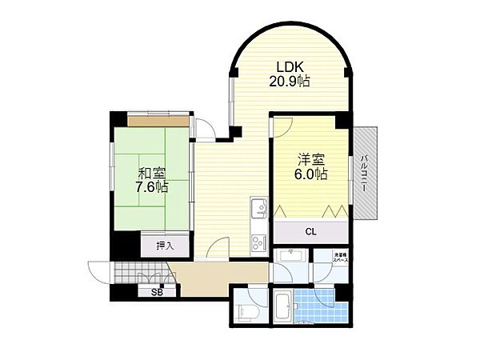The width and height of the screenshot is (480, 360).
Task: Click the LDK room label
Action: point(290,66)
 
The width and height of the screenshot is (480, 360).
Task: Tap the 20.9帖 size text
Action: point(290,81)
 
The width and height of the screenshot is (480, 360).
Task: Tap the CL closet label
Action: point(310,232)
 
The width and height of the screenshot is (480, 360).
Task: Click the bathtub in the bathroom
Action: point(284,306)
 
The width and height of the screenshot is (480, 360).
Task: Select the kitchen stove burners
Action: point(258,241)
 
